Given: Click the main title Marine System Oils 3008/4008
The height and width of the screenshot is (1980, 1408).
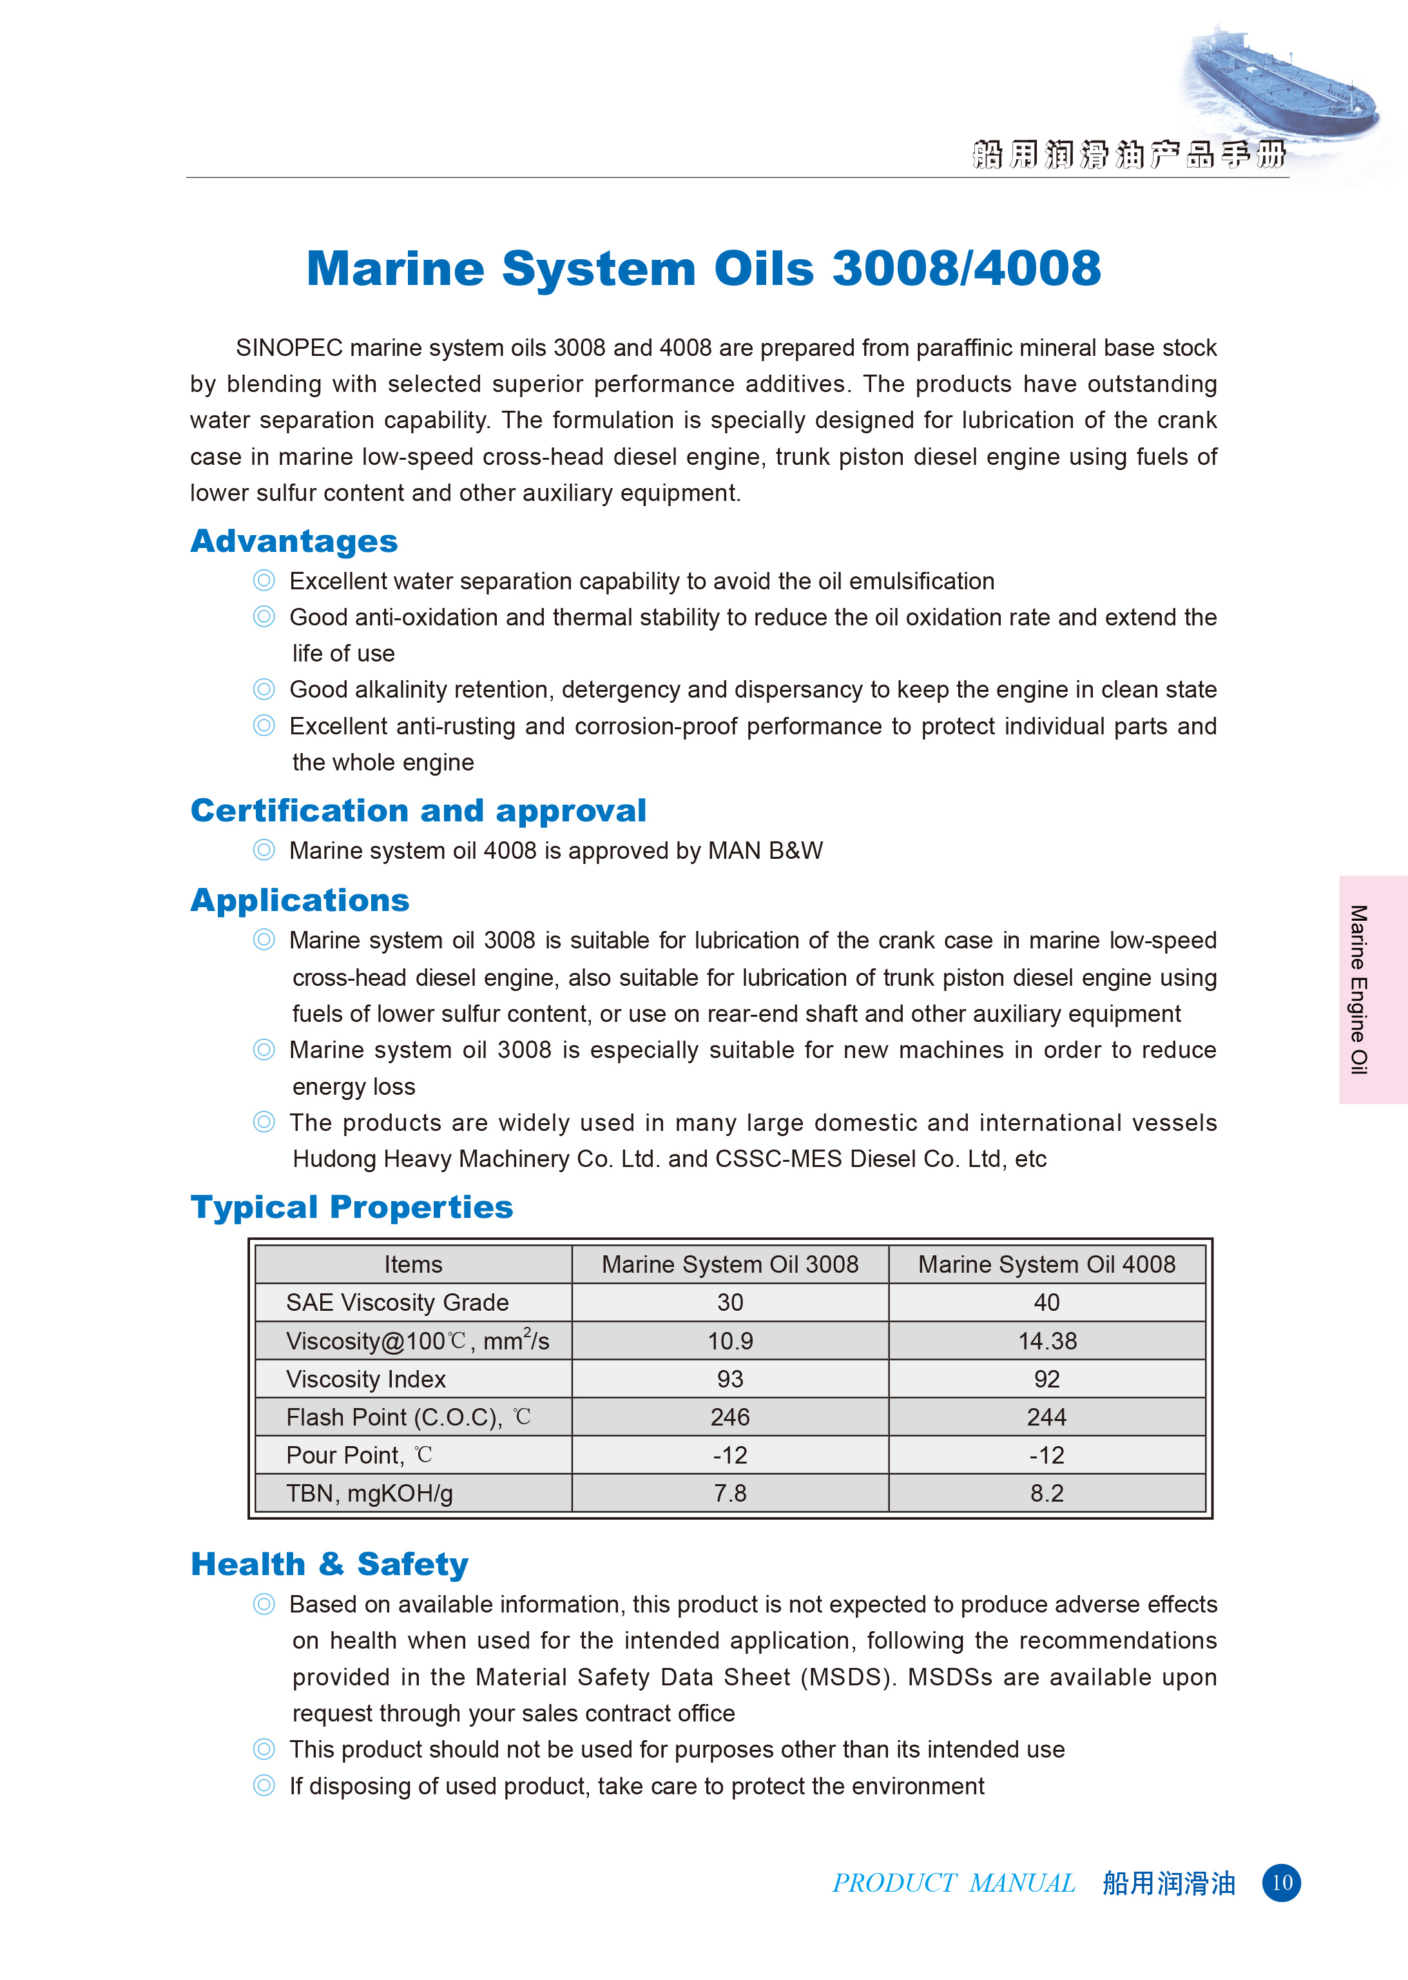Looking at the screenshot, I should point(703,268).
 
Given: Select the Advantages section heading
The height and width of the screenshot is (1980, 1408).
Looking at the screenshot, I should point(294,541).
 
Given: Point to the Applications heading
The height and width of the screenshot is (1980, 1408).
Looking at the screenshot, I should point(300,900).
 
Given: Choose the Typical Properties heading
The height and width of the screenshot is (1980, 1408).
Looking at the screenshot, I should point(351,1206).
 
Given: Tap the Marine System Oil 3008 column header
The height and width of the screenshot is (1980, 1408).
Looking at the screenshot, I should point(730,1264).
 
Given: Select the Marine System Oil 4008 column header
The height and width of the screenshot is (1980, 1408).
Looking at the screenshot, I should point(1046,1264).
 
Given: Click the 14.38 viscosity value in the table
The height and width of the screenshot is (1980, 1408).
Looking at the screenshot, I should point(1047,1341).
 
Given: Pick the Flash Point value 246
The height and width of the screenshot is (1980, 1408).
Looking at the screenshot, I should point(730,1417).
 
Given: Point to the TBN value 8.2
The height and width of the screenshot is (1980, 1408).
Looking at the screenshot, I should point(1046,1493).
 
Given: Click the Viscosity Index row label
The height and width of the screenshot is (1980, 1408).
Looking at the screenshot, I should point(366,1379).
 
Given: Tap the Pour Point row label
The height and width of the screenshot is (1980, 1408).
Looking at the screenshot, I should point(345,1455).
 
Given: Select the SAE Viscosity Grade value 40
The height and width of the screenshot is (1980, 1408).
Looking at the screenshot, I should point(1046,1302).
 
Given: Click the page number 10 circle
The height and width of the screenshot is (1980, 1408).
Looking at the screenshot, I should point(1282,1883).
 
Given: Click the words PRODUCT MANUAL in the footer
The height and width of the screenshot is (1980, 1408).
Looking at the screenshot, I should point(954,1883).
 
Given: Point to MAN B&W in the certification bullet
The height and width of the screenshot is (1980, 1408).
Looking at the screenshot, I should point(766,851).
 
